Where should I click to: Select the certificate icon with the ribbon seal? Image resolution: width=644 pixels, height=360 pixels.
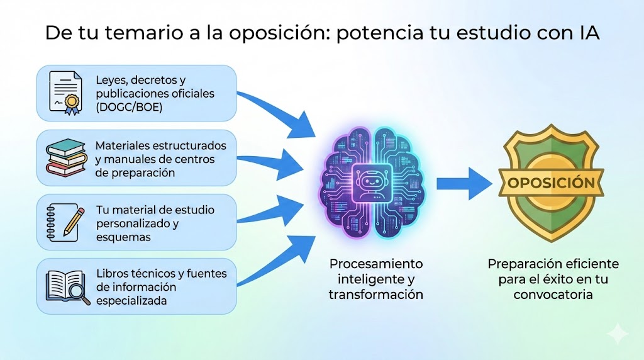coord(65,93)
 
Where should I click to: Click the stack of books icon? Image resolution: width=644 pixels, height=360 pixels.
coord(65,158)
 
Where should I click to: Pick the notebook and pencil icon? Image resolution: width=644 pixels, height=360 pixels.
coord(65,222)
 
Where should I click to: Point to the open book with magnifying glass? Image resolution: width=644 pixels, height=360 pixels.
coord(65,286)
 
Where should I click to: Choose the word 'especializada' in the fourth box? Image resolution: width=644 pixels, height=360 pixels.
coord(131,301)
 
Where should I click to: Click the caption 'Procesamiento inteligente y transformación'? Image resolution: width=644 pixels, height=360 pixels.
coord(376,279)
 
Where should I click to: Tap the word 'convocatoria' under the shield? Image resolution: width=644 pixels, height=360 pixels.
coord(553,294)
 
